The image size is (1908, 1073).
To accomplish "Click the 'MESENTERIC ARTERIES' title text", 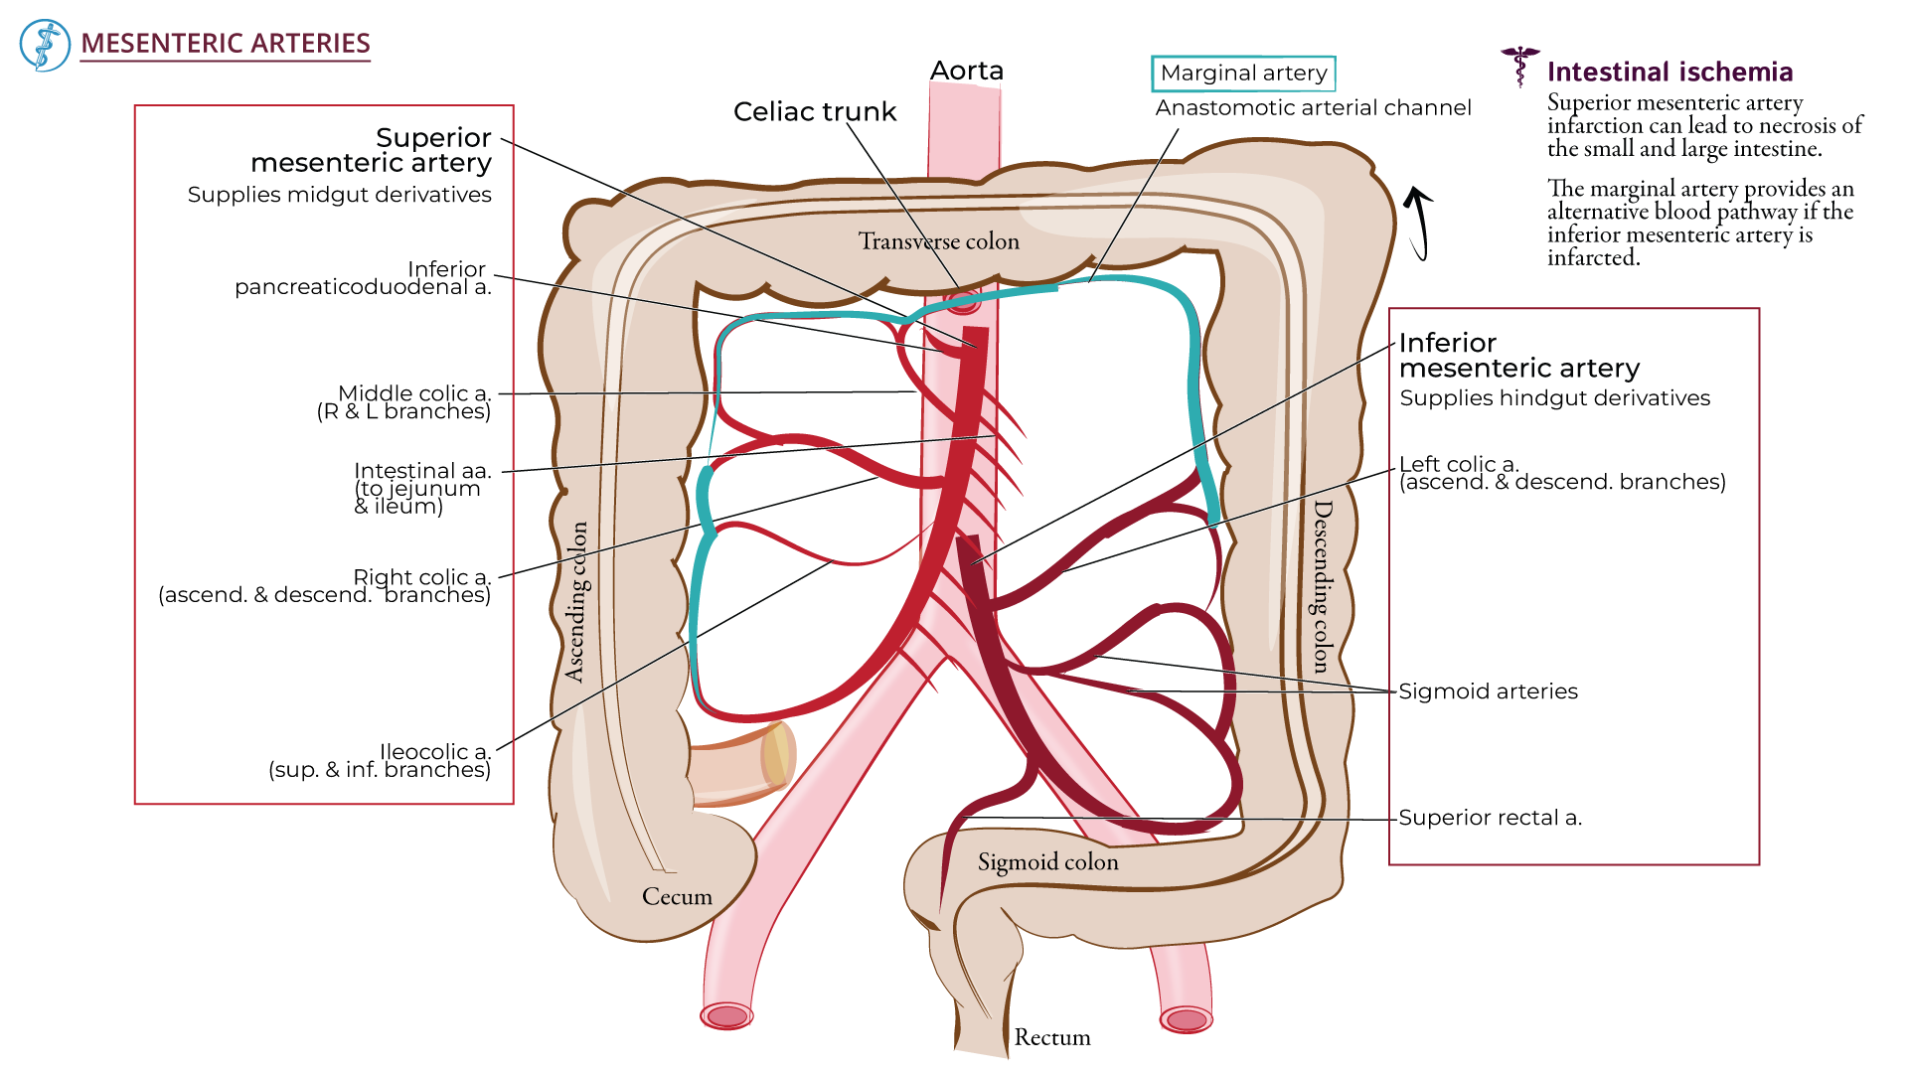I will click(x=225, y=44).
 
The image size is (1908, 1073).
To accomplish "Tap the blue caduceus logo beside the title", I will click(x=45, y=45).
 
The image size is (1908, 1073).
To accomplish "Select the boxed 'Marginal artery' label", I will click(x=1243, y=74).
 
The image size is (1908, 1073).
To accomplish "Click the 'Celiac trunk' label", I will click(x=814, y=111).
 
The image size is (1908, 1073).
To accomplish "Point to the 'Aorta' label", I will click(x=966, y=71).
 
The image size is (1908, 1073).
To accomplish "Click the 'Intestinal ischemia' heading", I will click(x=1669, y=72).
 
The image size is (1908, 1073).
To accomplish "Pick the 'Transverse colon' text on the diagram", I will click(x=938, y=241).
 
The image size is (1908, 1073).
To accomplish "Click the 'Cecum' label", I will click(x=677, y=896).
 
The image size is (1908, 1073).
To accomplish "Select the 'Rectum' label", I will click(x=1051, y=1037).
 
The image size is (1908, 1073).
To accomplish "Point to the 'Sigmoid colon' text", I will click(x=1047, y=862).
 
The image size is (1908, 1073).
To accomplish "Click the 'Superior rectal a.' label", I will click(x=1490, y=818).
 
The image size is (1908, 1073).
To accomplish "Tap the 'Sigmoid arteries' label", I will click(x=1488, y=691).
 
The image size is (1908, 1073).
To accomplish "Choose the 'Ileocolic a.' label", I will click(x=434, y=752).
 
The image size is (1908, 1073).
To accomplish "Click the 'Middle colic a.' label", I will click(x=413, y=393).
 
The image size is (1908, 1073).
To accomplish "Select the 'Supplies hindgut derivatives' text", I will click(x=1554, y=398).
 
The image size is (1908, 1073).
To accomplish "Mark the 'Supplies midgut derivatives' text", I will click(x=339, y=195).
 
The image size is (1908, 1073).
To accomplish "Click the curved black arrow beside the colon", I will click(x=1419, y=223).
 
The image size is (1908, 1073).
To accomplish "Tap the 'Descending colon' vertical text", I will click(x=1321, y=586).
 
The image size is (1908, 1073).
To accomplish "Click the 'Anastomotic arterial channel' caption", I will click(x=1313, y=107).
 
